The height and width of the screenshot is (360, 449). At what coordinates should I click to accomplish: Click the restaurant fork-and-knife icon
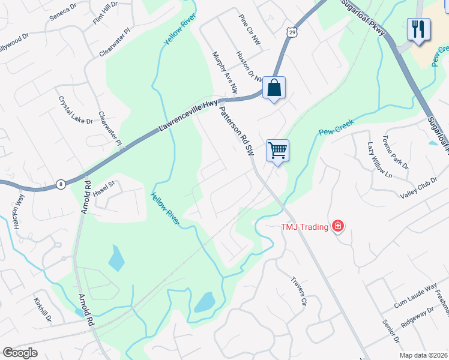tap(418, 29)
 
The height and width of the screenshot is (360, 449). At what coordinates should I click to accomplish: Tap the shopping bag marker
tap(274, 88)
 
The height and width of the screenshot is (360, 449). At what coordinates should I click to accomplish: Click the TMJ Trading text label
tap(305, 227)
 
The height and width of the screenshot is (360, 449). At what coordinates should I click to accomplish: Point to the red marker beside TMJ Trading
tap(338, 226)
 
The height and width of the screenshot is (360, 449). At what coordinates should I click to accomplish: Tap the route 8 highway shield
tap(61, 184)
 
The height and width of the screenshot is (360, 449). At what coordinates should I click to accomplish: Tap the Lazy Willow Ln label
tap(379, 160)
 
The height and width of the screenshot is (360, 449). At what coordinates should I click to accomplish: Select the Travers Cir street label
tap(299, 291)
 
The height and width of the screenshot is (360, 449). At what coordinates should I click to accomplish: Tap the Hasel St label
tap(103, 185)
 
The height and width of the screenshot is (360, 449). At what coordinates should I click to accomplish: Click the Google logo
tap(20, 353)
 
